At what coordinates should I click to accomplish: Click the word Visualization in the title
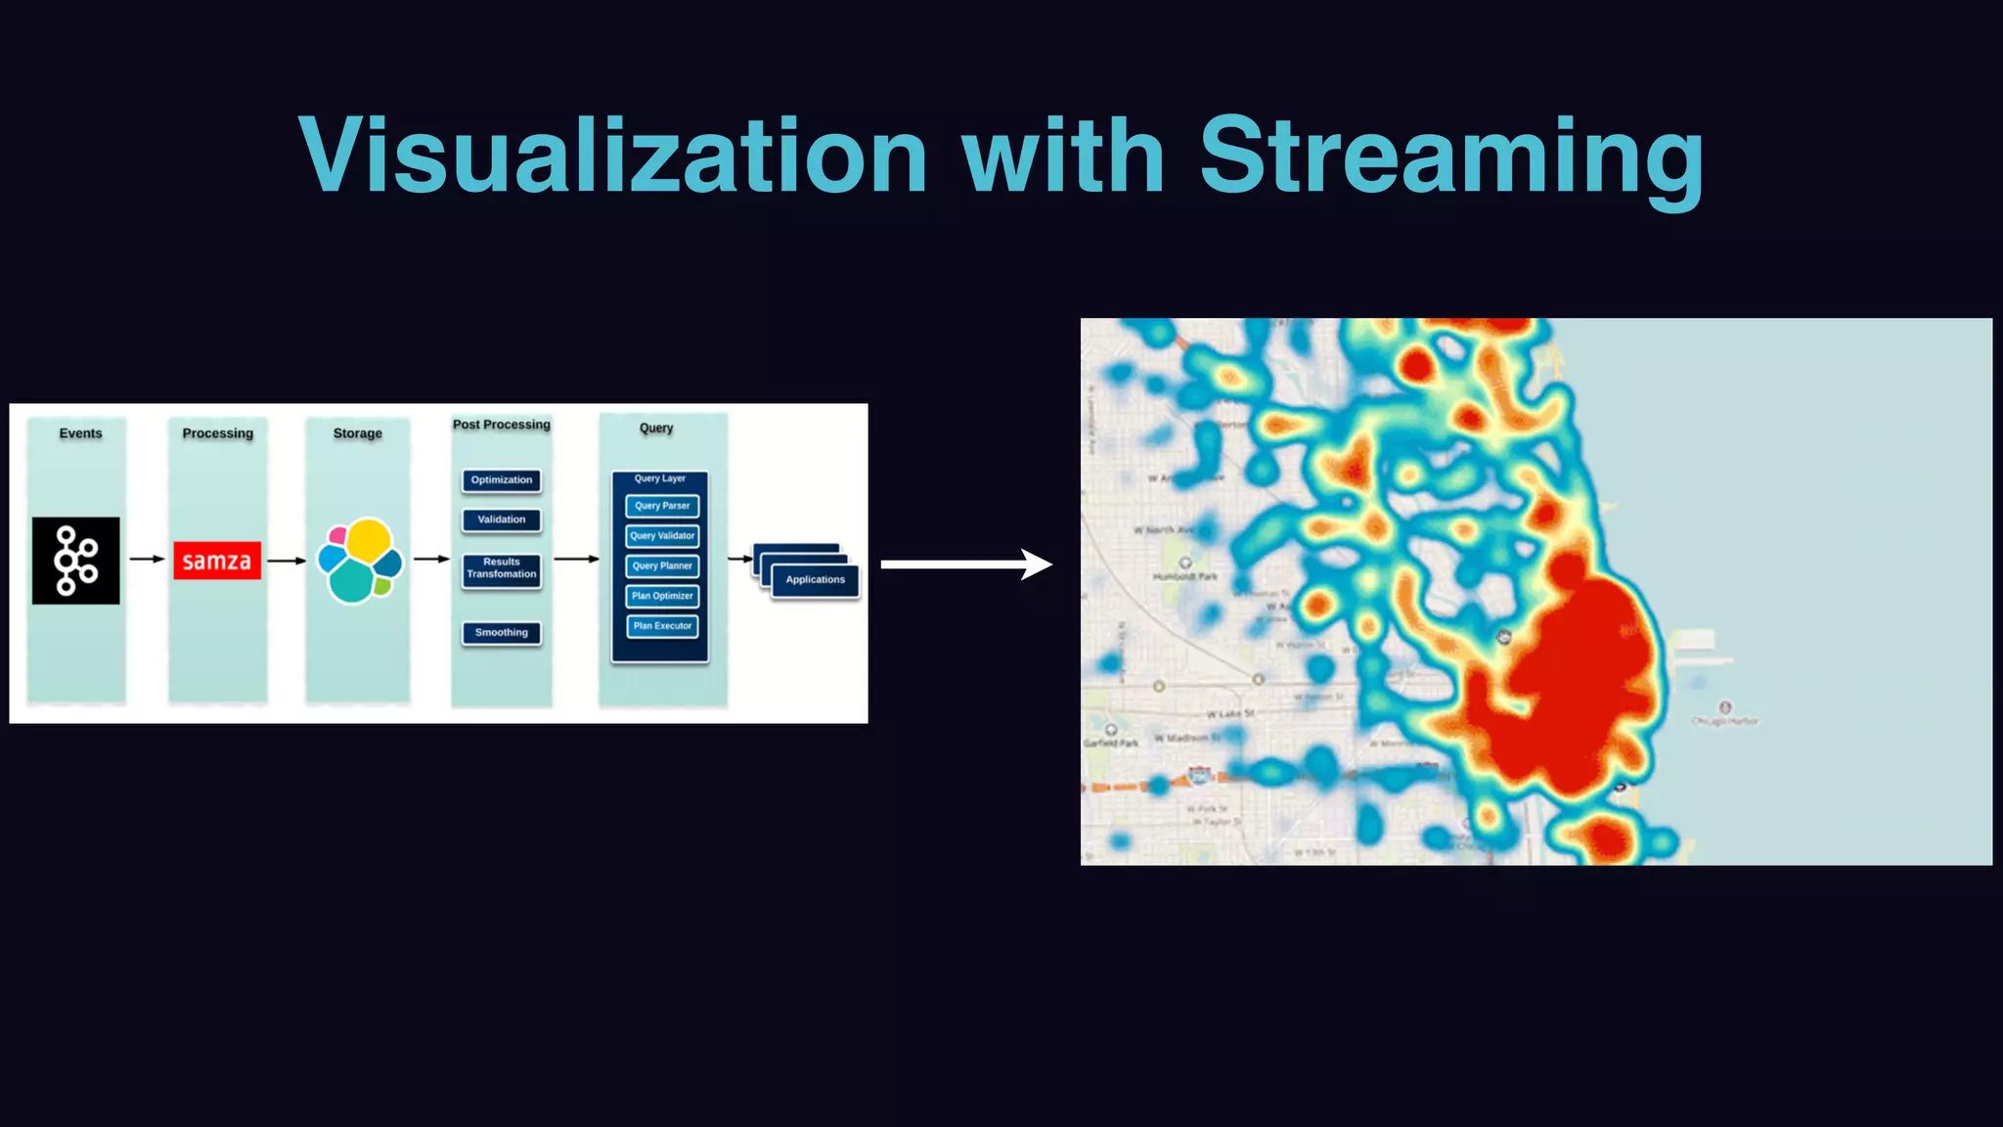click(x=613, y=157)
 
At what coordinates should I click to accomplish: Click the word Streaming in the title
click(x=1451, y=157)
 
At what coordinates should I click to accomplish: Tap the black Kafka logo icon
click(x=76, y=561)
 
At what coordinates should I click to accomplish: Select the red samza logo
click(x=217, y=561)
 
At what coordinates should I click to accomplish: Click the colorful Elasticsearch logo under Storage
click(x=360, y=561)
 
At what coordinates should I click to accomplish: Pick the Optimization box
click(x=502, y=480)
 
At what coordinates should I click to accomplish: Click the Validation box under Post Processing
click(x=502, y=519)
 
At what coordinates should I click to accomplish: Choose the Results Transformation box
click(x=502, y=568)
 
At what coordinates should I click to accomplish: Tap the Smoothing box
click(x=502, y=633)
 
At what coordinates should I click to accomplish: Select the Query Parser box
click(x=662, y=506)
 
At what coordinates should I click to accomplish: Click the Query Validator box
click(x=662, y=536)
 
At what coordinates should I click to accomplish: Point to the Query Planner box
click(x=662, y=565)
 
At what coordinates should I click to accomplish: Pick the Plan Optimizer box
click(x=662, y=596)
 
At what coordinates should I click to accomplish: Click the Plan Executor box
click(x=662, y=626)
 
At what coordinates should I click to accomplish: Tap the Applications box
click(x=815, y=580)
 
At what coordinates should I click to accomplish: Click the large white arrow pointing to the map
click(x=965, y=564)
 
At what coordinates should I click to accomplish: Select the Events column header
click(x=80, y=433)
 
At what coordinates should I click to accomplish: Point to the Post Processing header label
click(x=502, y=425)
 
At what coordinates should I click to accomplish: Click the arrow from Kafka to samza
click(x=147, y=560)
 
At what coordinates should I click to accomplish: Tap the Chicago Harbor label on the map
click(x=1725, y=721)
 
